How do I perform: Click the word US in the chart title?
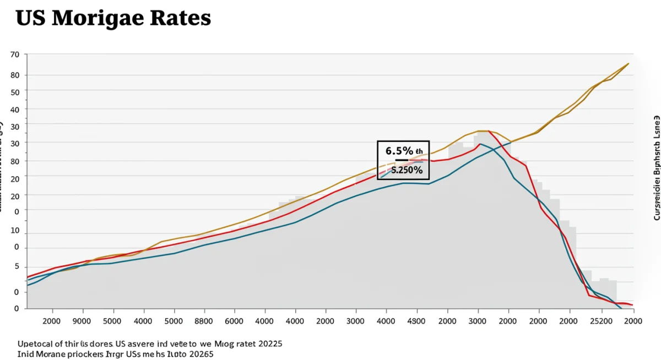32,18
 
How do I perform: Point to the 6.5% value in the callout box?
399,151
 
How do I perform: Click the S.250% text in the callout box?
407,170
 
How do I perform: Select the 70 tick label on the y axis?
14,54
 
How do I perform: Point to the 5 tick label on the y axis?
17,266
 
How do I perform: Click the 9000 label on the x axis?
82,320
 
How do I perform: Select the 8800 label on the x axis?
204,320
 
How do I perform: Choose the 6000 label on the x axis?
234,320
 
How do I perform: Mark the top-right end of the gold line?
628,64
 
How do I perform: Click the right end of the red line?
632,304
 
